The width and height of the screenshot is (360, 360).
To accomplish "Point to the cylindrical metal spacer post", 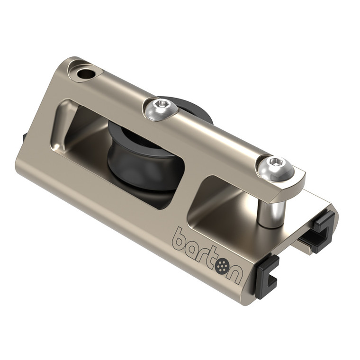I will pyautogui.click(x=270, y=208).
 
